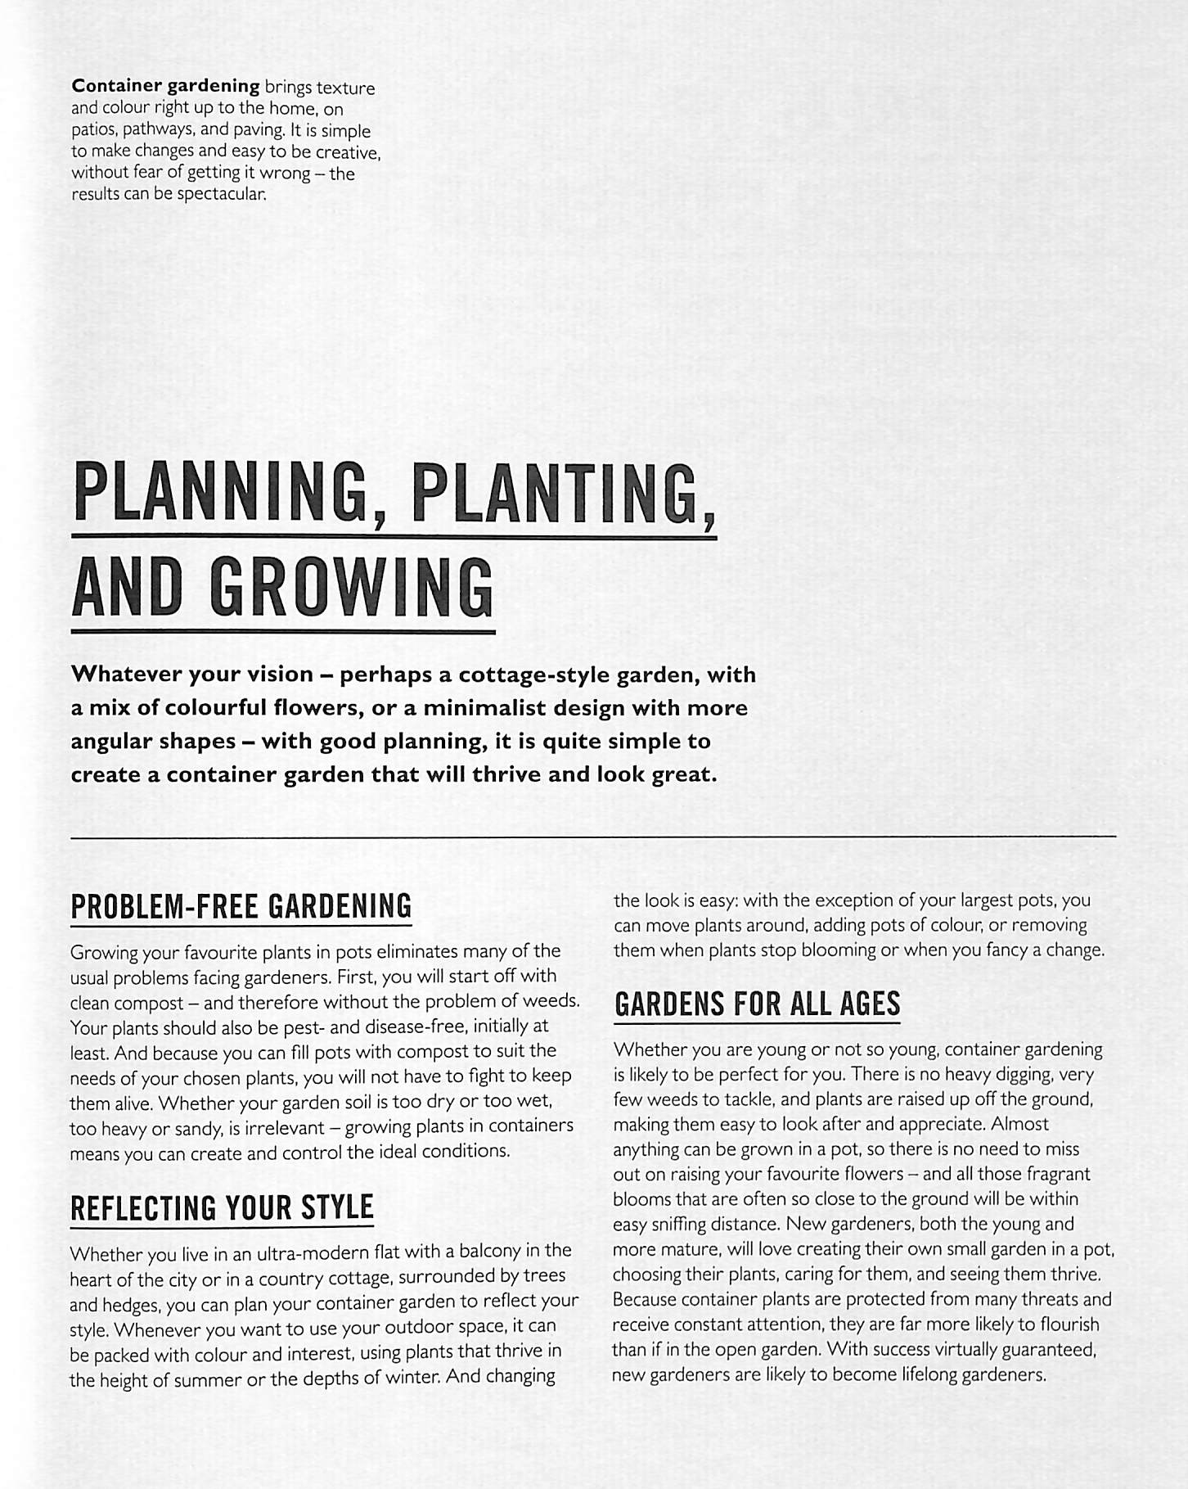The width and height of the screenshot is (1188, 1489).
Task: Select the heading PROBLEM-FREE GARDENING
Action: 241,907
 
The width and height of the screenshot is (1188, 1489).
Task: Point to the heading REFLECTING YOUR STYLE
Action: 222,1208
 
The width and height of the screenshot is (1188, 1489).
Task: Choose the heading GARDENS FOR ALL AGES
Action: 757,1004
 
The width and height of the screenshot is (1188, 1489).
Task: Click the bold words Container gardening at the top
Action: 165,86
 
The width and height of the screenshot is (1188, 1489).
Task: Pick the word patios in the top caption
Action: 93,130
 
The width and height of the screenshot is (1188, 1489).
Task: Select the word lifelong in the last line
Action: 925,1374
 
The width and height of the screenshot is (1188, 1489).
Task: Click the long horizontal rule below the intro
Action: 593,837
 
